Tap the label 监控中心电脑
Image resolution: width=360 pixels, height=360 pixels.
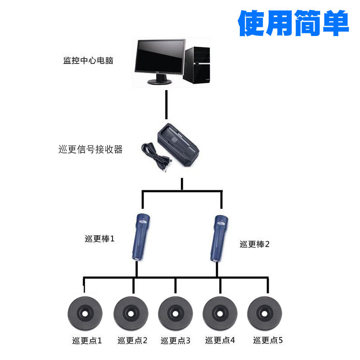point(88,60)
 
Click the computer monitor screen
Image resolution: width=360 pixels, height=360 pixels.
point(160,58)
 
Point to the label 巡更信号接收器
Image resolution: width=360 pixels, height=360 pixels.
point(90,149)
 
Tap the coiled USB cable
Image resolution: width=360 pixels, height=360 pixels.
point(155,155)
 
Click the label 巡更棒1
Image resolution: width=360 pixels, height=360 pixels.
point(99,238)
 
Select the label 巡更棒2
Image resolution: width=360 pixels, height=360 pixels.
point(254,244)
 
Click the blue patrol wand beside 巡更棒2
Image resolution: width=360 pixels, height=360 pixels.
point(218,238)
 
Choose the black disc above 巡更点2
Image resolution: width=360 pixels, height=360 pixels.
point(131,312)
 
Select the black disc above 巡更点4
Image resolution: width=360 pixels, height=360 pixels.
point(220,312)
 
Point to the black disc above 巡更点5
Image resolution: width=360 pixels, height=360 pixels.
point(265,312)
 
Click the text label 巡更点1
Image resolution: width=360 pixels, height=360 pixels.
point(87,341)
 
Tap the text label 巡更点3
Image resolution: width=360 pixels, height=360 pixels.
point(175,341)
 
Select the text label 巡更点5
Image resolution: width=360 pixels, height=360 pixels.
point(268,340)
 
